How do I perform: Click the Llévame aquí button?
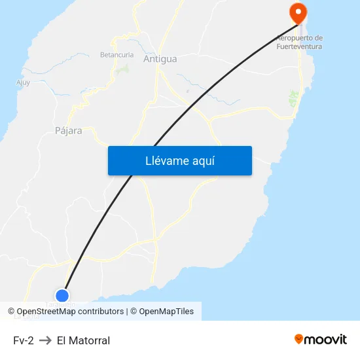click(x=179, y=161)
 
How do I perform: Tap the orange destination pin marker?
click(x=298, y=12)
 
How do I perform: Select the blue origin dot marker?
click(x=62, y=295)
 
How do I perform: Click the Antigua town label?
click(x=160, y=59)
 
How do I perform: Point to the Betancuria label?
click(x=117, y=54)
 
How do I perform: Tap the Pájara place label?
click(x=69, y=130)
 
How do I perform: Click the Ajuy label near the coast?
click(x=23, y=82)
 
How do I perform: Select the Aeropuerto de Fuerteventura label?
click(x=300, y=42)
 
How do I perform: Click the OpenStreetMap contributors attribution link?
click(x=70, y=312)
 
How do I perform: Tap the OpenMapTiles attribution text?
click(x=166, y=312)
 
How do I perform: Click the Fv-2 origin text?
click(x=23, y=340)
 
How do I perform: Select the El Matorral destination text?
click(x=83, y=340)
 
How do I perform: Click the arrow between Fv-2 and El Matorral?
click(x=45, y=340)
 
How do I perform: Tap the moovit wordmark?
click(x=326, y=339)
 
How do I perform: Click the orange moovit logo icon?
click(x=299, y=339)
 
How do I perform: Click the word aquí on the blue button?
click(x=203, y=161)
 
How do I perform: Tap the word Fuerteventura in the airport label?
click(x=300, y=46)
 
